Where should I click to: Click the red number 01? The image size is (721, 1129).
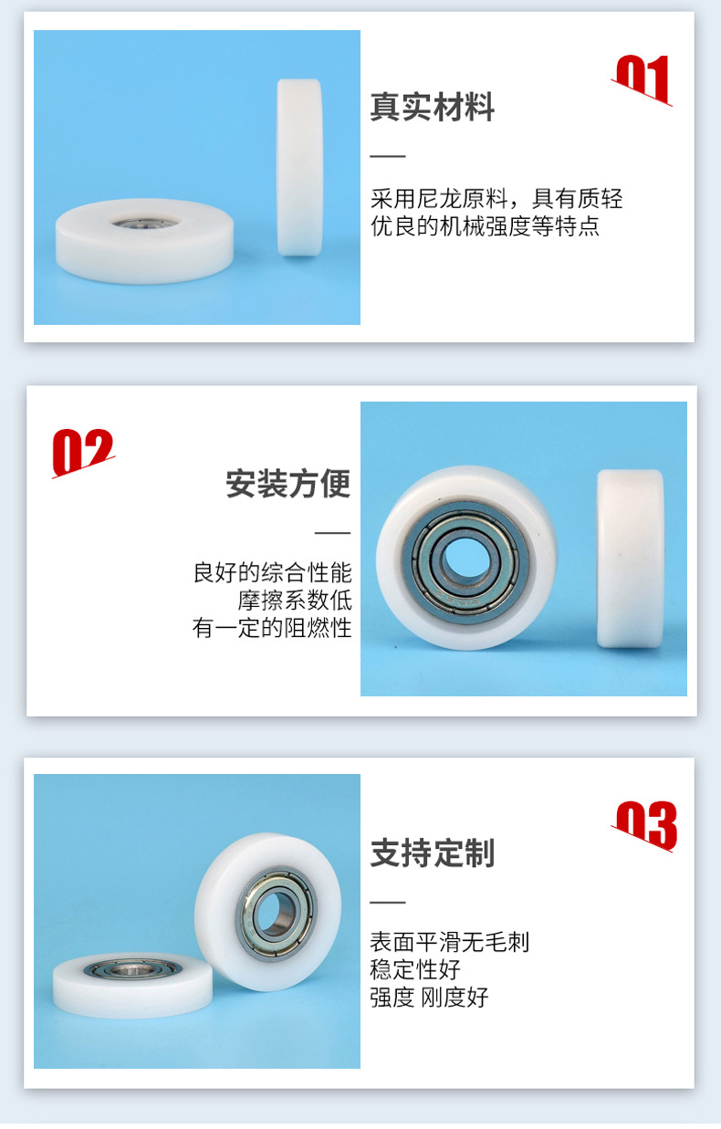click(x=643, y=79)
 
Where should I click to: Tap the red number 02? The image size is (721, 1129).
click(x=83, y=452)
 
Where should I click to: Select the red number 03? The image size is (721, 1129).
click(x=645, y=825)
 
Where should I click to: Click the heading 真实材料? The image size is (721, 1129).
click(x=432, y=108)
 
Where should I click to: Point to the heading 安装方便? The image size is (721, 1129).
click(x=288, y=484)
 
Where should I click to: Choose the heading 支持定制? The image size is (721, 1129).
click(x=432, y=853)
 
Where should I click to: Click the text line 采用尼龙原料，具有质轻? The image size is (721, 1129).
click(x=496, y=199)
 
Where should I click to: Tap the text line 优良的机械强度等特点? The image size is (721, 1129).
click(x=485, y=226)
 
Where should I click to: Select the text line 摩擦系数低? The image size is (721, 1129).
click(x=295, y=601)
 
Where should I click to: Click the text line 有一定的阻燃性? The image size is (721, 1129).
click(x=272, y=628)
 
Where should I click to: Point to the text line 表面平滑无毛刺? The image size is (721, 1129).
click(x=449, y=942)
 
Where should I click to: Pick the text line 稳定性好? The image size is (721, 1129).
click(x=415, y=969)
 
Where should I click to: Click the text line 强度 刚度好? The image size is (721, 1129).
click(x=429, y=997)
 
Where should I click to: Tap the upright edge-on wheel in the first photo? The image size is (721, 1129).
click(x=299, y=166)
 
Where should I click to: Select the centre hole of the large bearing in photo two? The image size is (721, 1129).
click(x=465, y=555)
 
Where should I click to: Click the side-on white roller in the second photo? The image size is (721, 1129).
click(x=630, y=558)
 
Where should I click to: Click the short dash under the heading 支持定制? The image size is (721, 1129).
click(x=387, y=902)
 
